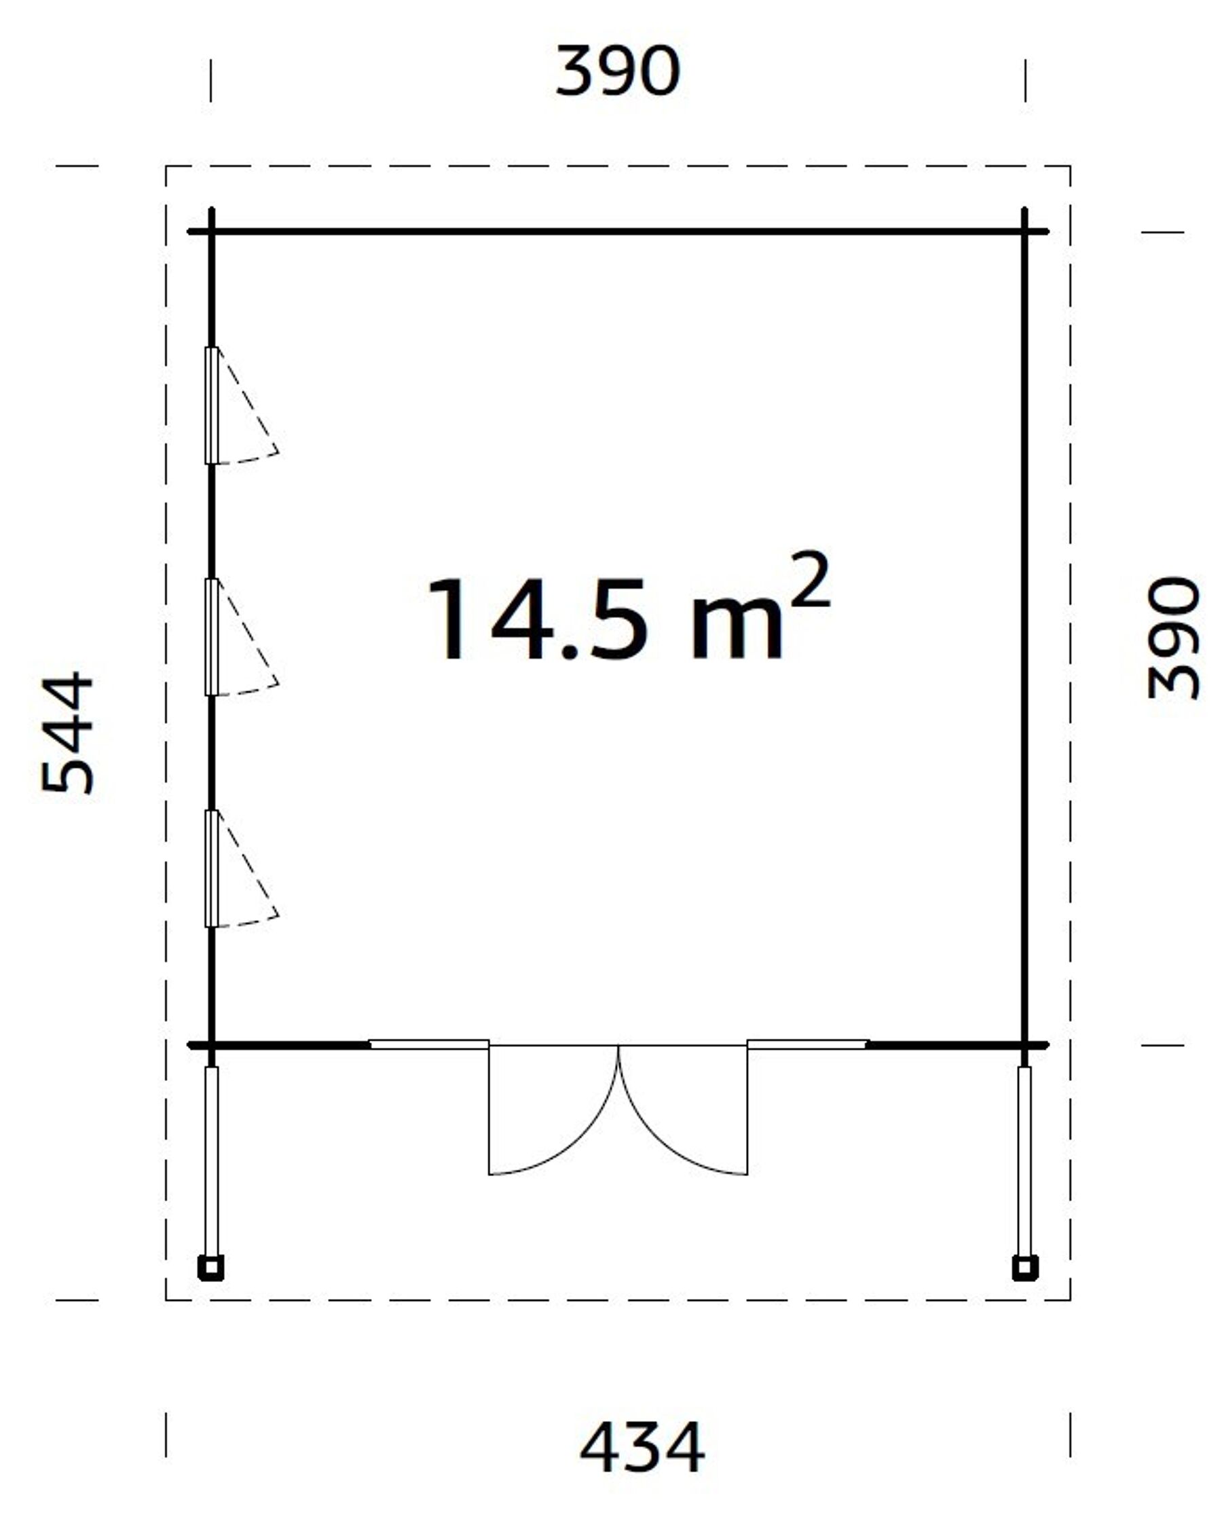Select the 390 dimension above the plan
[x=617, y=71]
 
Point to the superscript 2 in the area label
[x=811, y=580]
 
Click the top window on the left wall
[x=211, y=405]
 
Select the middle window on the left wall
[x=211, y=636]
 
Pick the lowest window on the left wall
[x=211, y=868]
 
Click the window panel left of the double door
[x=428, y=1044]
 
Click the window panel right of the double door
[x=807, y=1044]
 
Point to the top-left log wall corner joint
[x=211, y=232]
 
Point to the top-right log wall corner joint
[x=1024, y=232]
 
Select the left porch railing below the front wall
[x=211, y=1160]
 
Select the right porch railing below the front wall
[x=1024, y=1160]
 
